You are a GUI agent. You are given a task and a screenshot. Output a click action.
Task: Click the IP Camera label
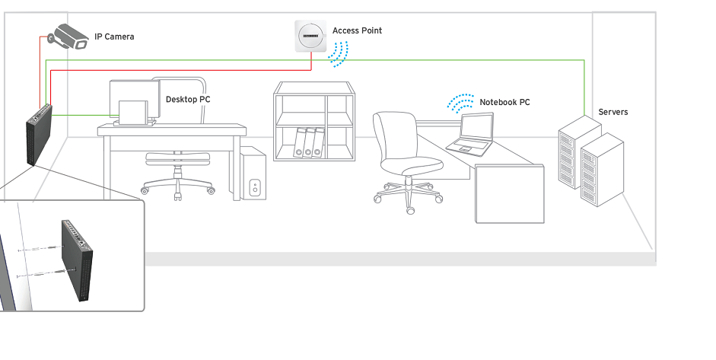coord(114,37)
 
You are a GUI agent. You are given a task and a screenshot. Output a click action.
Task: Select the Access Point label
coord(357,30)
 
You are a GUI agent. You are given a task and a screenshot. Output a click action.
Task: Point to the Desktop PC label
coord(188,100)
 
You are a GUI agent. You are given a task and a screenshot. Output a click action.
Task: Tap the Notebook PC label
coord(504,102)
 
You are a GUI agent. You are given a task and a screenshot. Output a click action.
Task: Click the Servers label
coord(613,112)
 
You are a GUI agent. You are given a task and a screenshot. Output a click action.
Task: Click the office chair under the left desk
coord(177,171)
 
